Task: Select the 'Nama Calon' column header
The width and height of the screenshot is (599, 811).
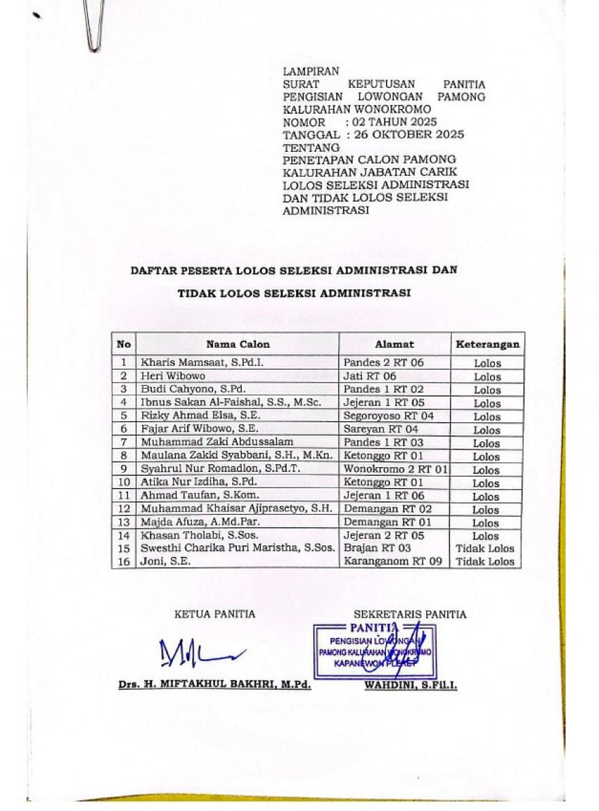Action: coord(238,344)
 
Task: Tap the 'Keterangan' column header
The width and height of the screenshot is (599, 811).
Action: coord(487,344)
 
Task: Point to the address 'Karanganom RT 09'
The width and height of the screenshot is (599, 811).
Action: coord(388,562)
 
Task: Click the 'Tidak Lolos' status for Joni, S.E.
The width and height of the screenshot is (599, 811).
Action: coord(485,562)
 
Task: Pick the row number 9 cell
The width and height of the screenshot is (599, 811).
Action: coord(124,469)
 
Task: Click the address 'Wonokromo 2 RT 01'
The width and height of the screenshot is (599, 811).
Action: coord(395,469)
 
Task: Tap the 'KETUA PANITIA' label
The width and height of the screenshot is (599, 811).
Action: coord(215,614)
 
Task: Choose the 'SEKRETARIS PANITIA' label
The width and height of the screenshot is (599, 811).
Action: coord(410,614)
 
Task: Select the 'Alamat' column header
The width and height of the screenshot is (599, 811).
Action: coord(394,344)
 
